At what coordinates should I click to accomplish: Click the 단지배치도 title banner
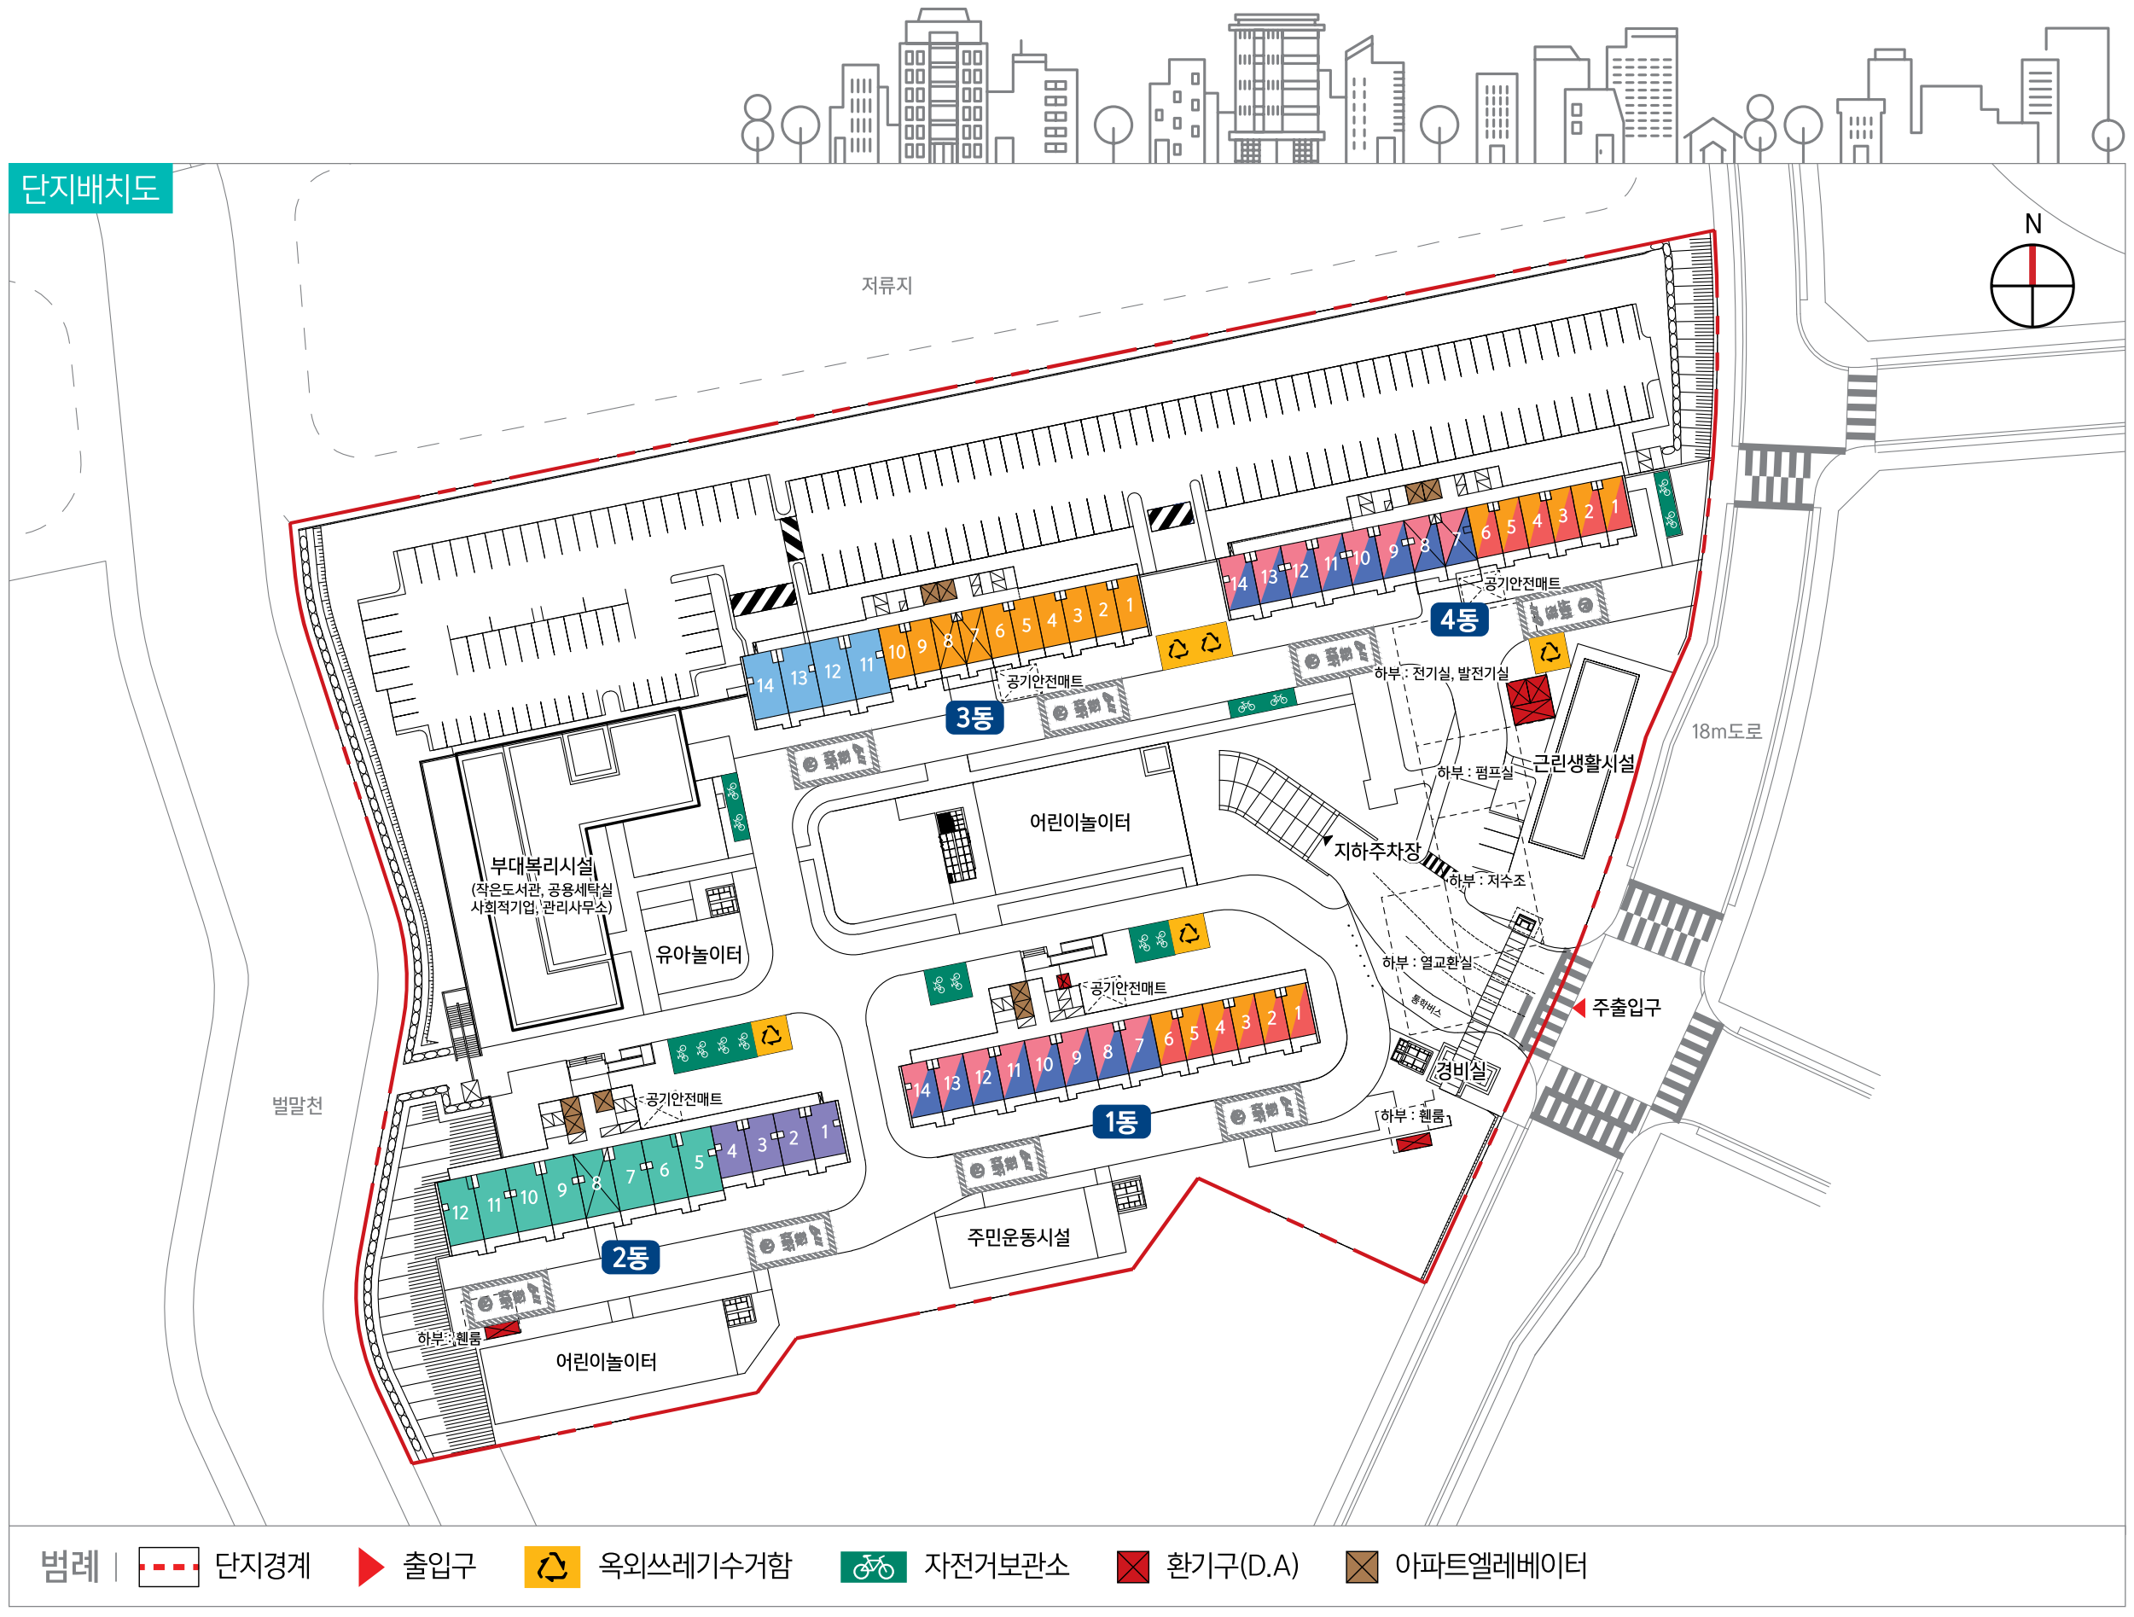coord(90,188)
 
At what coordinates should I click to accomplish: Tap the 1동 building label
coord(1121,1122)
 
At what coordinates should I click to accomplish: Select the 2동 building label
coord(630,1258)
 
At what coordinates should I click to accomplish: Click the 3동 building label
coord(974,718)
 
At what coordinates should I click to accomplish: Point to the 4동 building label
coord(1459,619)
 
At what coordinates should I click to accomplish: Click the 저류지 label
coord(887,286)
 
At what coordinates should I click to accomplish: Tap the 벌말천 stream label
coord(297,1106)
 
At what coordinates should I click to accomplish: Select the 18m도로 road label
coord(1726,731)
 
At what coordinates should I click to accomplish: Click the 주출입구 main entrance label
coord(1625,1007)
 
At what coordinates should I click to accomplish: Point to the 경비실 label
coord(1461,1070)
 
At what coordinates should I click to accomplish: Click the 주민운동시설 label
coord(1019,1237)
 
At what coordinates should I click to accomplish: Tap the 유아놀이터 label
coord(699,954)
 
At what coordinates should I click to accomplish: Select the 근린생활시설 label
coord(1585,763)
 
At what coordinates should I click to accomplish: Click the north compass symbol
coord(2032,285)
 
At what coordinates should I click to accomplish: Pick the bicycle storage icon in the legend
coord(873,1567)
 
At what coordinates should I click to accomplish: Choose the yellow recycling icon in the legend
coord(552,1567)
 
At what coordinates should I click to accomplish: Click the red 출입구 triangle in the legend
coord(370,1567)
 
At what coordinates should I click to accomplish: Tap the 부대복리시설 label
coord(541,866)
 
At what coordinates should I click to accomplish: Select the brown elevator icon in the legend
coord(1361,1567)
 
